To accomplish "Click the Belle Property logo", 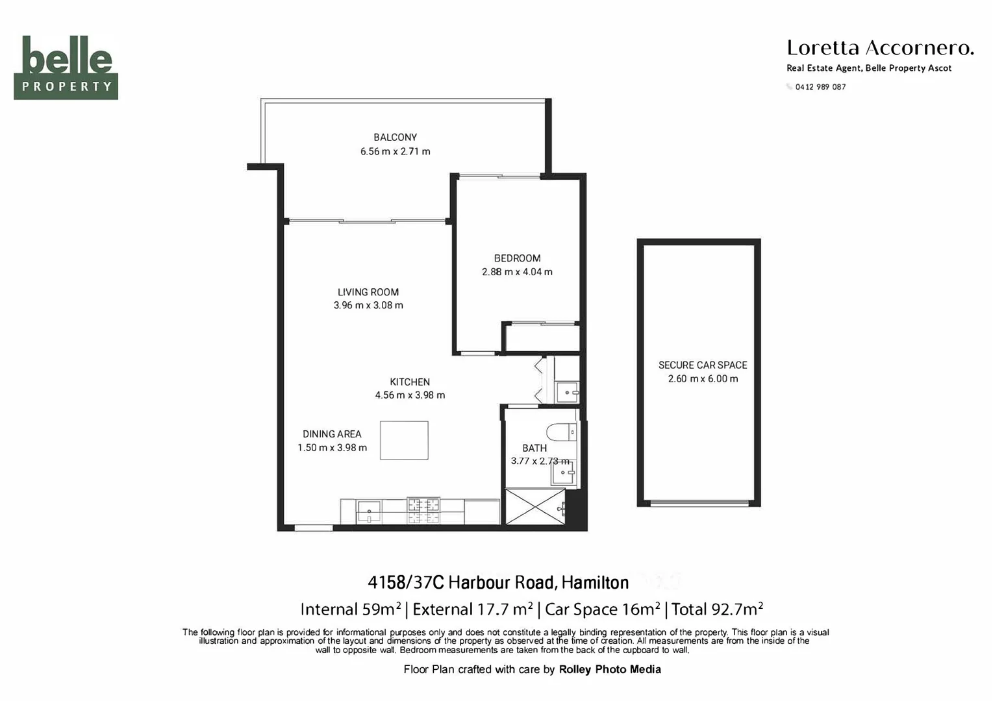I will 66,67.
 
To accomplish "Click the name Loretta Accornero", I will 879,48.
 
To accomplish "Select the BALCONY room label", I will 395,137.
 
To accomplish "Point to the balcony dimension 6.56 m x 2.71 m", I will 395,151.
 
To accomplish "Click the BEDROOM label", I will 517,258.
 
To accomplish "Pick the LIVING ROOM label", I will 368,292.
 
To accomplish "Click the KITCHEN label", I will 410,382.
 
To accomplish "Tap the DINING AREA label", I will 332,434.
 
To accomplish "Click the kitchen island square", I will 404,440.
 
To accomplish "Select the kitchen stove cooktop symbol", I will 423,510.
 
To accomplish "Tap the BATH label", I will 534,448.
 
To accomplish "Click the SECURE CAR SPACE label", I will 703,365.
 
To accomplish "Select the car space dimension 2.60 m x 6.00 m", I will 703,378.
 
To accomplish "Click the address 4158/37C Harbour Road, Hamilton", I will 498,582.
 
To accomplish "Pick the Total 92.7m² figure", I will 717,609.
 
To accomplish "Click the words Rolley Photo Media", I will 610,669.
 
